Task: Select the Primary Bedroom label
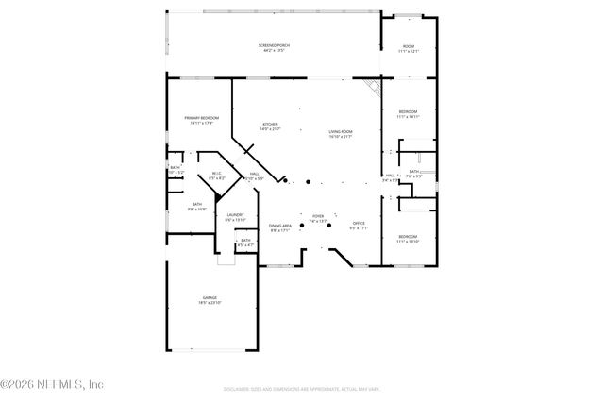(x=201, y=120)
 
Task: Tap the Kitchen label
(x=271, y=126)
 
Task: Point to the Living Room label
(x=340, y=134)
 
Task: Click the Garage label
(x=209, y=300)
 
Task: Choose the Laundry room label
(x=236, y=217)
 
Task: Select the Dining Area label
(x=280, y=227)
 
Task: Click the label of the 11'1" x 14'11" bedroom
(x=409, y=113)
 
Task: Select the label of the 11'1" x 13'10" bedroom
(x=408, y=239)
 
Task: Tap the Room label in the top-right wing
(x=409, y=49)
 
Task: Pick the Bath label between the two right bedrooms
(x=414, y=173)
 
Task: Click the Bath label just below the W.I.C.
(x=197, y=206)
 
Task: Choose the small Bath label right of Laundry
(x=245, y=243)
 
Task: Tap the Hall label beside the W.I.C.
(x=254, y=176)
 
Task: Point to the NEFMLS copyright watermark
(x=52, y=384)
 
